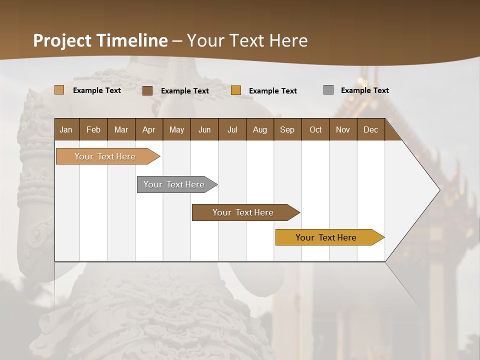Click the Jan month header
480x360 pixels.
click(66, 129)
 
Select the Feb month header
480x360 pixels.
click(93, 129)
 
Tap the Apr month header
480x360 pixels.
click(149, 129)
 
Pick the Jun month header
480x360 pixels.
click(204, 129)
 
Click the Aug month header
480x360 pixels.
click(260, 129)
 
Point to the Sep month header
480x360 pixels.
click(287, 129)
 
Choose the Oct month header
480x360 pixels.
click(315, 129)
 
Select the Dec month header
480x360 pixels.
click(371, 129)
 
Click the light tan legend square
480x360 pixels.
click(59, 90)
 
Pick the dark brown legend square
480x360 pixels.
click(147, 90)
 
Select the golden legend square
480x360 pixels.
click(236, 90)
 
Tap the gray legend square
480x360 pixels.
click(328, 90)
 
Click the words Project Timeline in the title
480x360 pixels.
click(100, 40)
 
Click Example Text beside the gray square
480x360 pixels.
click(364, 90)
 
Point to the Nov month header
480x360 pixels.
click(343, 129)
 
